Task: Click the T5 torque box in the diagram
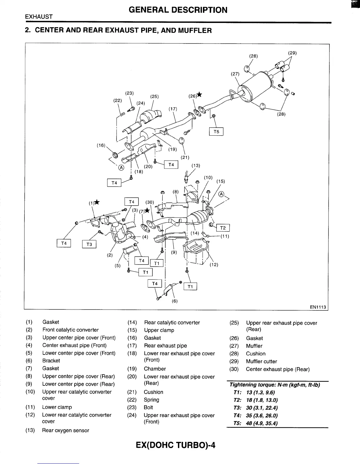pos(216,132)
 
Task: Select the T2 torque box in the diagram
pos(223,228)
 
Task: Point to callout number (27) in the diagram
pos(235,74)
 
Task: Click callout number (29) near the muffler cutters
pos(292,53)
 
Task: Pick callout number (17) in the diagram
pos(173,109)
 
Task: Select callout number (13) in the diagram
pos(196,165)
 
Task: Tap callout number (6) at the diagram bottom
pos(175,301)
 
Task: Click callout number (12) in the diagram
pos(214,264)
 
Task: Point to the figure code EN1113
pos(318,307)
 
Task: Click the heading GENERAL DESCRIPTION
pos(178,10)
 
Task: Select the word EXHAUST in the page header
pos(39,17)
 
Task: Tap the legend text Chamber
pos(155,369)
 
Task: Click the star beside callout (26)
pos(200,94)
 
